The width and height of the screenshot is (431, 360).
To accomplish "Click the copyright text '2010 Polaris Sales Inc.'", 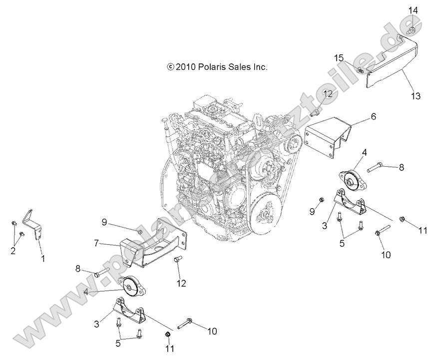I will [218, 66].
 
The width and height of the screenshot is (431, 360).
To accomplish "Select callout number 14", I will [413, 9].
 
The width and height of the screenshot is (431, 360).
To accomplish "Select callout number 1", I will [43, 259].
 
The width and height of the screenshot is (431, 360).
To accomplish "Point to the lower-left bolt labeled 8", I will [101, 273].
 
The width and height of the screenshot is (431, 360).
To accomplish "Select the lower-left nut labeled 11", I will [169, 334].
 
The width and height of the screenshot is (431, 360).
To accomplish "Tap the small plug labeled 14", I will [411, 31].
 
